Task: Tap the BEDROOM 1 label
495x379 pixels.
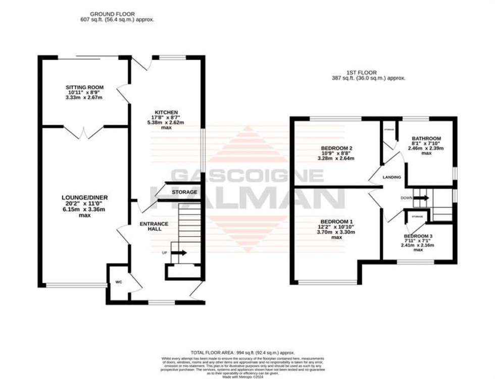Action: pyautogui.click(x=336, y=222)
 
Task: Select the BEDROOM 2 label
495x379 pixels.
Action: pyautogui.click(x=336, y=148)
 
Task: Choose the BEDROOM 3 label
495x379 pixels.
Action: pyautogui.click(x=418, y=236)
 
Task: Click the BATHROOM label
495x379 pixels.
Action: pyautogui.click(x=426, y=138)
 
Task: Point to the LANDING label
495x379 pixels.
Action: pyautogui.click(x=392, y=178)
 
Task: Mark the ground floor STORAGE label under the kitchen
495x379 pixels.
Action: pyautogui.click(x=184, y=192)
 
